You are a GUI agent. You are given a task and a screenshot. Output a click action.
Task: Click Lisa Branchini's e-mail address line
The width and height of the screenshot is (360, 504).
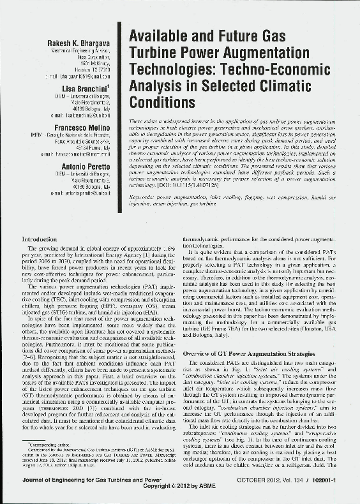pos(81,115)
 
